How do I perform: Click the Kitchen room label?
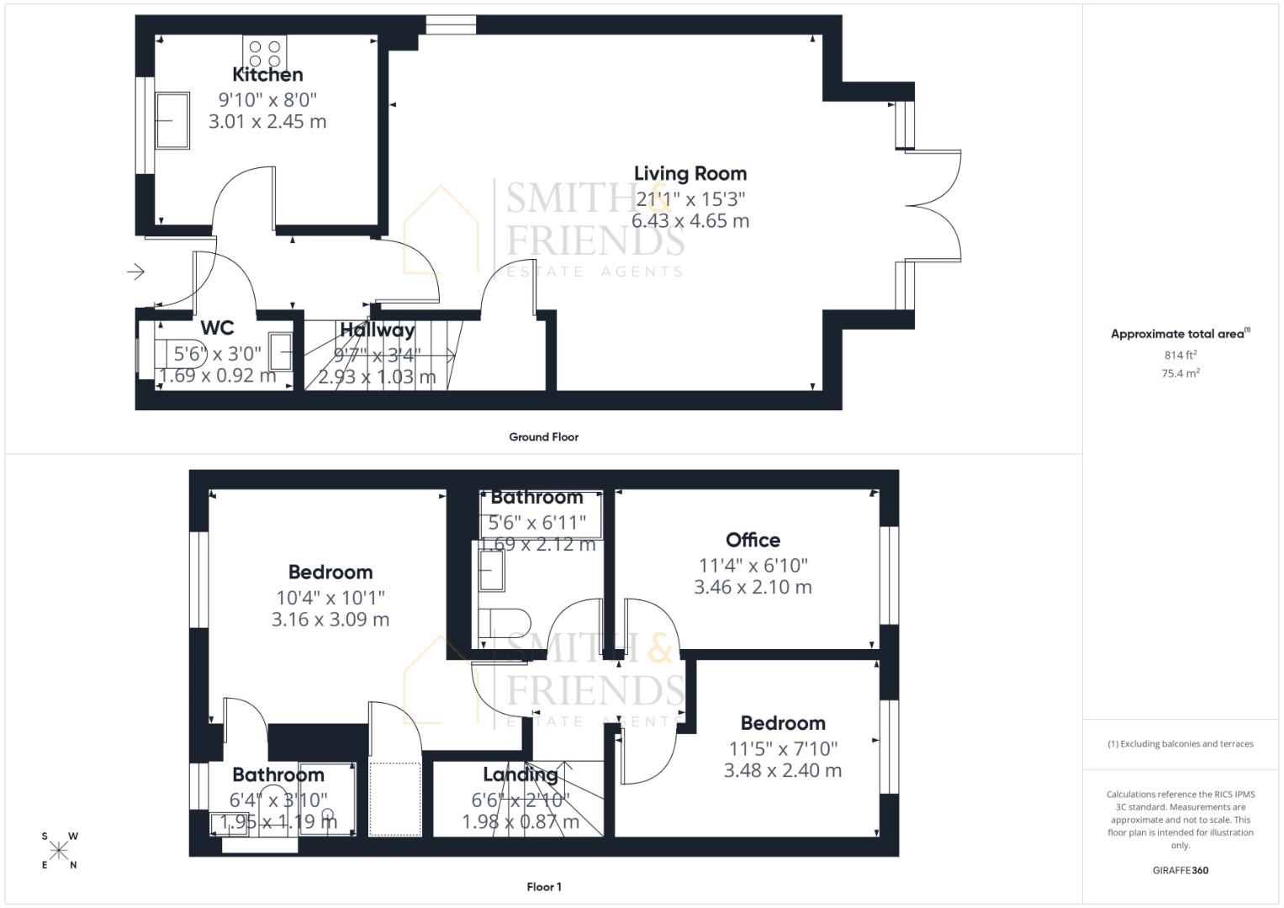tap(267, 74)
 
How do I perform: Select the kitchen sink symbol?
tap(172, 119)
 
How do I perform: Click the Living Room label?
tap(690, 173)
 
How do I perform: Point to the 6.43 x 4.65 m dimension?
tap(690, 220)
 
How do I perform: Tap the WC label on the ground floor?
tap(217, 328)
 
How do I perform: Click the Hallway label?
tap(377, 330)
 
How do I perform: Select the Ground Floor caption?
tap(543, 436)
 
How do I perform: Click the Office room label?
tap(753, 540)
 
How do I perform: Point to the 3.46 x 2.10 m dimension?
tap(753, 587)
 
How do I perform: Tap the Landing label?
tap(520, 774)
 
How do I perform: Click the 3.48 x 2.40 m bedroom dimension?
tap(782, 770)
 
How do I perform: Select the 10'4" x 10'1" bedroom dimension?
tap(330, 597)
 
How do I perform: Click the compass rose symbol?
tap(59, 850)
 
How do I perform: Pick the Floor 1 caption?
tap(543, 886)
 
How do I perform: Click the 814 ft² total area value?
tap(1180, 355)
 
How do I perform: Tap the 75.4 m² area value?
tap(1180, 373)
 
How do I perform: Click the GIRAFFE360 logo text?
tap(1180, 870)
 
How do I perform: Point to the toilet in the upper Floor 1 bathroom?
tap(505, 623)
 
